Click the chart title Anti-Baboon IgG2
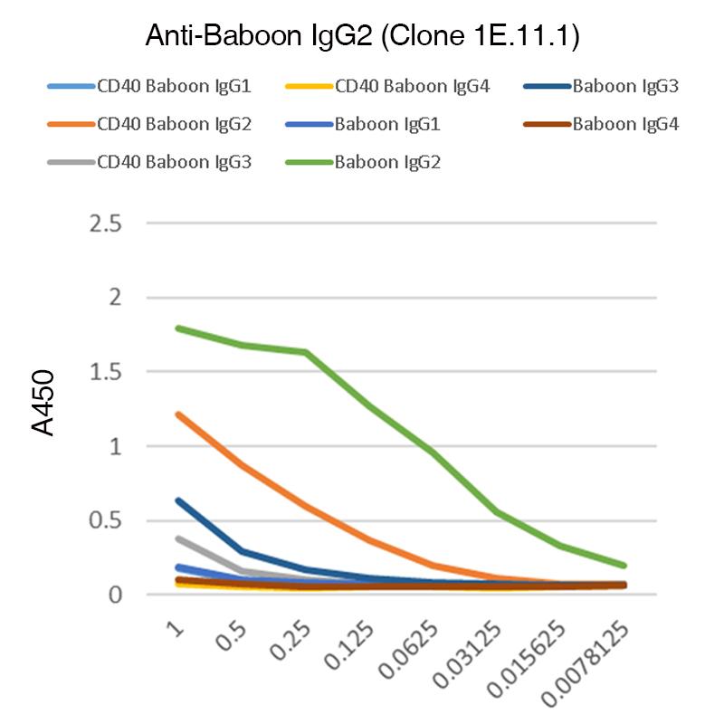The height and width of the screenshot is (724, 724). (362, 37)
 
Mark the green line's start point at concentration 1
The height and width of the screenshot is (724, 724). (178, 328)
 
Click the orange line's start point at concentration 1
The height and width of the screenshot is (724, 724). (178, 414)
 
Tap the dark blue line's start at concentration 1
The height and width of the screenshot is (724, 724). (178, 500)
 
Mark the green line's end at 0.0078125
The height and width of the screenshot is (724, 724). (624, 566)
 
